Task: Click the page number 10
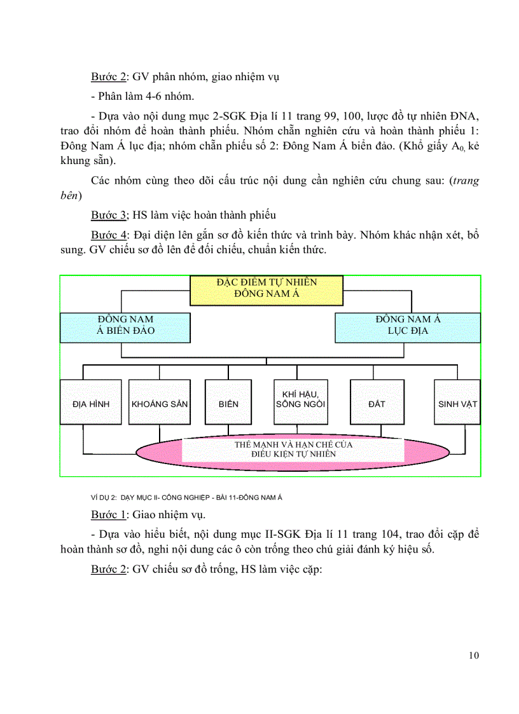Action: click(x=473, y=656)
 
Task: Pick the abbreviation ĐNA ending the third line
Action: click(x=467, y=116)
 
